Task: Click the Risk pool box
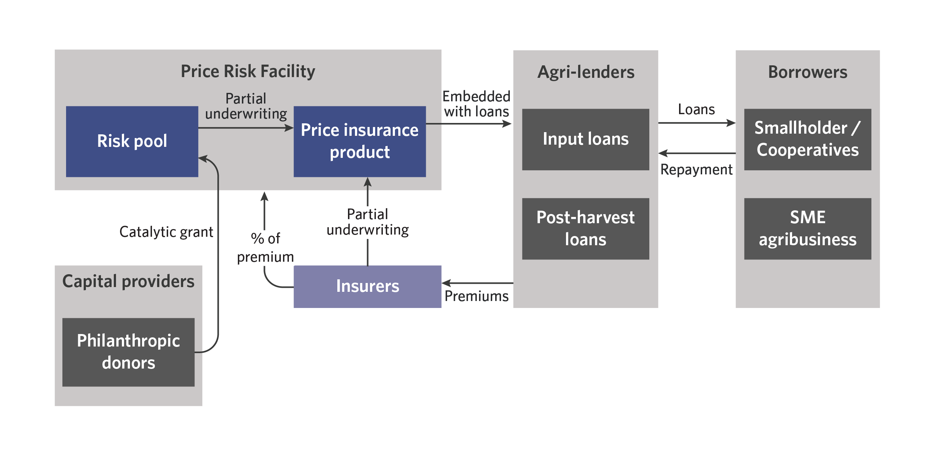coord(132,141)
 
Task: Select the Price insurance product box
coord(360,141)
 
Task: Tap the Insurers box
coord(367,286)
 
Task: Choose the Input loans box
coord(585,139)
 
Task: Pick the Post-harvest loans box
coord(585,228)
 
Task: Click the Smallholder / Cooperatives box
coord(808,139)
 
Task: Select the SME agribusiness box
coord(808,228)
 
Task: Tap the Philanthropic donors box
coord(128,352)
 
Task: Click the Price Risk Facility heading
coord(248,71)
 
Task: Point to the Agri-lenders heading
coord(586,72)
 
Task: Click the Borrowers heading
coord(808,72)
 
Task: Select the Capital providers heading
coord(128,282)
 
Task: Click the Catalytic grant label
coord(166,232)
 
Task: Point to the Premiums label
coord(476,296)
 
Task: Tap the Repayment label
coord(696,170)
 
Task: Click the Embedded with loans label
coord(476,104)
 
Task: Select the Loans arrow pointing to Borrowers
coord(696,123)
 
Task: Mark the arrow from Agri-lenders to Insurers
coord(477,283)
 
